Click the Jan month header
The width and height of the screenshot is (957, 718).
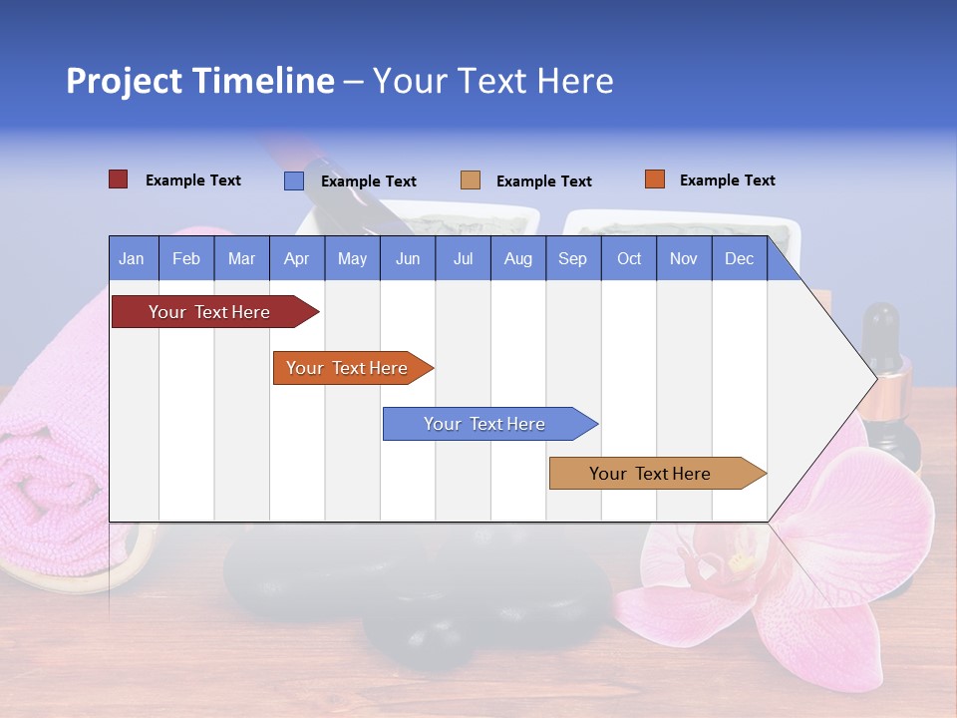click(132, 258)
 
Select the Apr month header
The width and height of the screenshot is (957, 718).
click(296, 258)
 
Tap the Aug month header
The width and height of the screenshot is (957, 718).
click(517, 258)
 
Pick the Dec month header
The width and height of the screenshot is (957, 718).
click(739, 258)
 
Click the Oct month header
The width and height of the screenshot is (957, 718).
click(628, 258)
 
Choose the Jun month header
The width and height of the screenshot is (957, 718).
click(407, 258)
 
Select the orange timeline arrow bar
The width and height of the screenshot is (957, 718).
click(349, 368)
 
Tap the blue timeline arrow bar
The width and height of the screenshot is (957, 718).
click(485, 424)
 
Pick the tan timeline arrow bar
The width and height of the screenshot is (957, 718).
click(653, 474)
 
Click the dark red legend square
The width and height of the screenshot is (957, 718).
click(118, 179)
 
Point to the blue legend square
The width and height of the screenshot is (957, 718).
click(293, 180)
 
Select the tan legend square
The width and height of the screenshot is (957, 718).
click(470, 180)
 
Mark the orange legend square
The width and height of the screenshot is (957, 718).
click(654, 179)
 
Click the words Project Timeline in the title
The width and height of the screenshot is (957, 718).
click(199, 81)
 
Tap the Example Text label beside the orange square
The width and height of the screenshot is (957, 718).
click(727, 180)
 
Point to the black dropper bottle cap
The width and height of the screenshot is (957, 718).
click(881, 329)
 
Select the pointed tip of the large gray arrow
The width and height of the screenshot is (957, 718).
click(875, 378)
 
